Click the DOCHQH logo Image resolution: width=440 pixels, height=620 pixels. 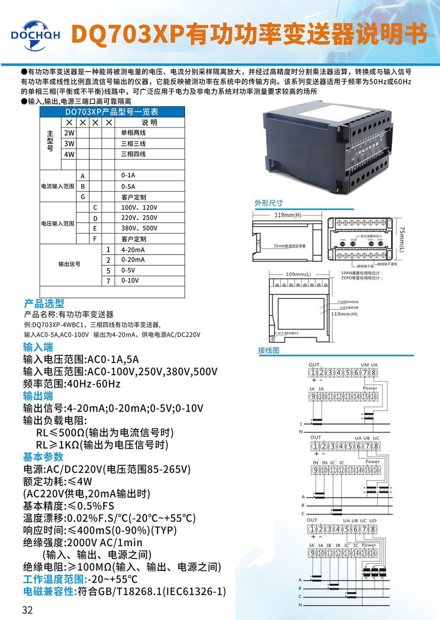pos(35,35)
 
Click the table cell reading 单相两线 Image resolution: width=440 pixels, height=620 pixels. pos(134,133)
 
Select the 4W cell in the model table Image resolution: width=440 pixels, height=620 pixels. pos(69,154)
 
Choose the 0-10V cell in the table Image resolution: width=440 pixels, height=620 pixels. pos(130,281)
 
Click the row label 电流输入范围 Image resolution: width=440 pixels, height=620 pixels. pos(58,186)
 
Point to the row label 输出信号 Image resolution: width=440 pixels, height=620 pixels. pos(69,264)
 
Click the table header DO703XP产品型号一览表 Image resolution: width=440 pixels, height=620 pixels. pos(112,112)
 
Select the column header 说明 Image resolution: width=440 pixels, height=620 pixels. pos(149,122)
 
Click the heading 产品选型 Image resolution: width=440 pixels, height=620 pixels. pos(44,303)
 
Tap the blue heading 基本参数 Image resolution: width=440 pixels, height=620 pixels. pos(43,457)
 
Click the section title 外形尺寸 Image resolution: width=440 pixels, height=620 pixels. pos(268,203)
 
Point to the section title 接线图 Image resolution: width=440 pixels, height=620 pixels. pos(269,351)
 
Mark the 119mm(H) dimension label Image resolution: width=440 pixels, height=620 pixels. pos(287,215)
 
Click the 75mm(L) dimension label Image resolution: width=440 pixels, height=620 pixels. pos(402,239)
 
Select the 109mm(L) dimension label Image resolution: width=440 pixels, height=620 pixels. pos(298,274)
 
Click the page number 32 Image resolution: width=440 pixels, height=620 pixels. pos(27,610)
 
